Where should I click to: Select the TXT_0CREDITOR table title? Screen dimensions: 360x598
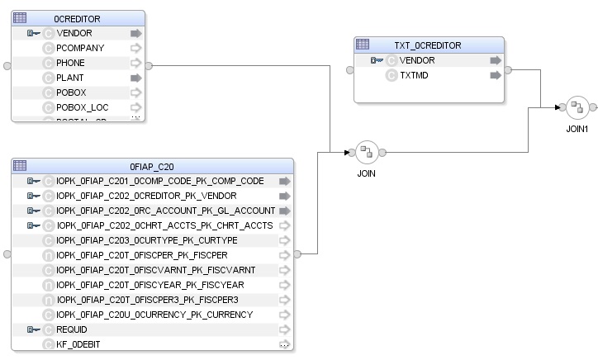point(428,45)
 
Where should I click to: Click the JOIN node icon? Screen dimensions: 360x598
point(366,152)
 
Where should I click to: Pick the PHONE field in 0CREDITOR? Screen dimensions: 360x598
point(70,63)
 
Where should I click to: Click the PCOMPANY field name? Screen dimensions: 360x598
point(80,48)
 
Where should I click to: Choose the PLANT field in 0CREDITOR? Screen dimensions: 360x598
point(70,78)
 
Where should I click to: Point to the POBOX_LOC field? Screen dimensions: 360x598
point(83,107)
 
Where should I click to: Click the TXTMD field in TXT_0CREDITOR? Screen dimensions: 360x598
point(414,75)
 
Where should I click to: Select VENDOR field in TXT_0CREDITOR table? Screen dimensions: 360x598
point(416,60)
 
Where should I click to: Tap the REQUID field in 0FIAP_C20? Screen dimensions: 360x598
point(72,329)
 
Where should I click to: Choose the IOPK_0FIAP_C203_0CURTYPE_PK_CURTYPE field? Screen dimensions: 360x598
point(147,240)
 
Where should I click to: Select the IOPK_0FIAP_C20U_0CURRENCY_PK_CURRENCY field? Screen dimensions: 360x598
point(154,315)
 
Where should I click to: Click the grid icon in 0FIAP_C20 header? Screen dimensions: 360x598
point(21,165)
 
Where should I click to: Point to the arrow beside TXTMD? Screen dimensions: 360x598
point(495,75)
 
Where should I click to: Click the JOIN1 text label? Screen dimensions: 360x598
point(577,129)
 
